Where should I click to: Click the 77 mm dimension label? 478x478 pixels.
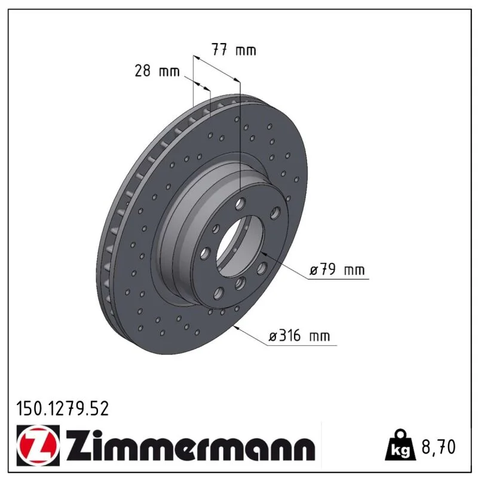tap(234, 50)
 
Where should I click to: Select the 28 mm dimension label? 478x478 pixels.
tap(157, 71)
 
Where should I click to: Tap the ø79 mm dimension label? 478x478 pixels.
tap(337, 269)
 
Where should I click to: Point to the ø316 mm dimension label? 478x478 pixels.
tap(299, 336)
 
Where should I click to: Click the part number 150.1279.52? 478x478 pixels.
tap(63, 409)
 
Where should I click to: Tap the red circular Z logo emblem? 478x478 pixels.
tap(38, 445)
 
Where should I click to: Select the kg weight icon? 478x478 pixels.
tap(400, 446)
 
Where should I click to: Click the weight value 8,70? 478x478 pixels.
tap(439, 447)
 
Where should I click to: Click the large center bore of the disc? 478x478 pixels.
tap(240, 246)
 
